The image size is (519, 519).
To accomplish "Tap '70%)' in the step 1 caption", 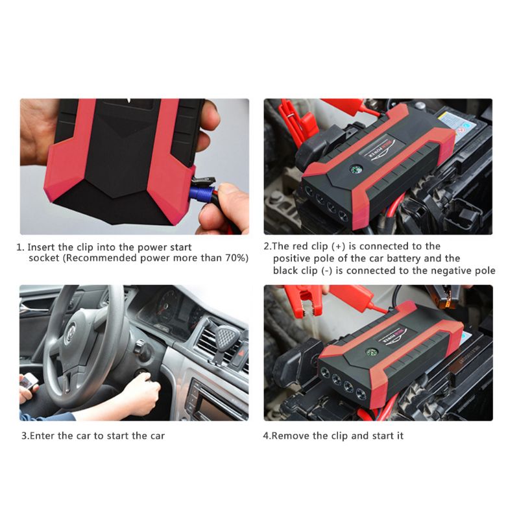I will pos(234,258).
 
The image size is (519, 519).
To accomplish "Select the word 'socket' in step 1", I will pos(45,258).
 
